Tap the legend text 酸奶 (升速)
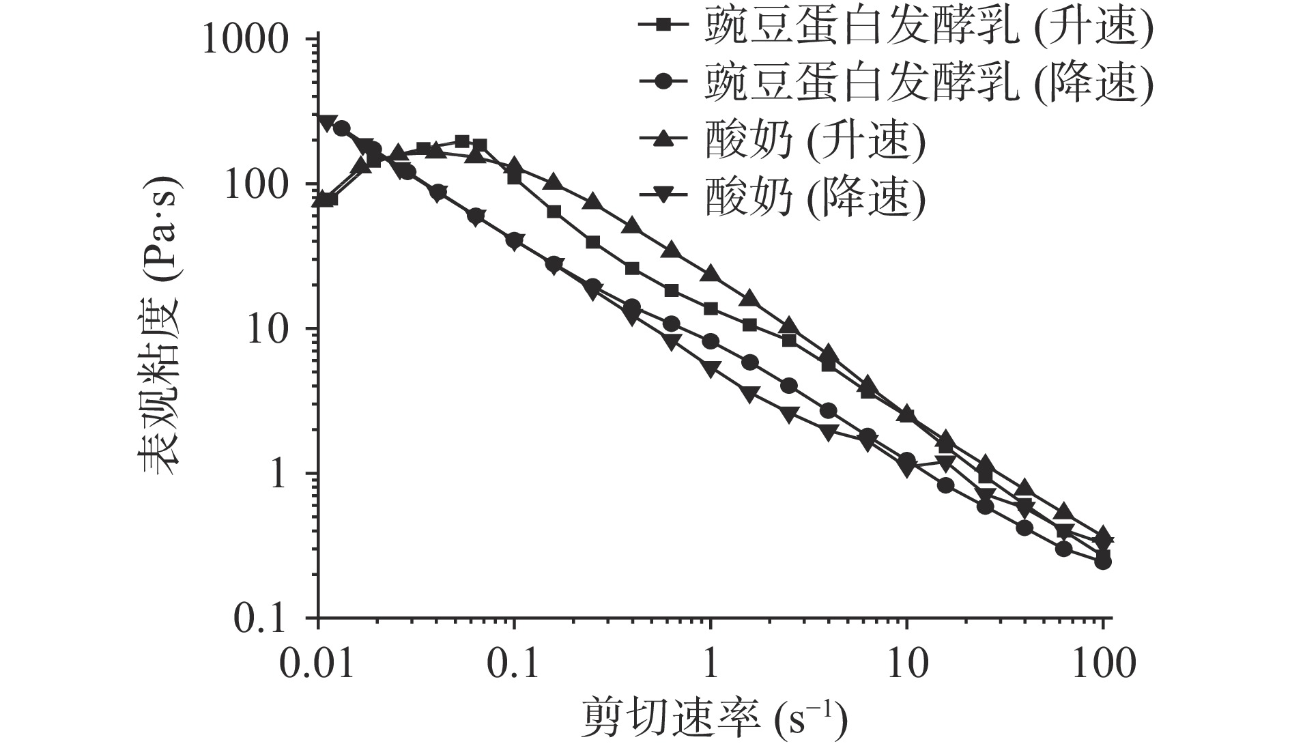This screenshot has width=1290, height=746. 816,140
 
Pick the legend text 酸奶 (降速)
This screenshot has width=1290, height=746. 816,197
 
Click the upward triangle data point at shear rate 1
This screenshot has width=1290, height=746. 711,274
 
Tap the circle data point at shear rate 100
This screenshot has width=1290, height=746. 1103,562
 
